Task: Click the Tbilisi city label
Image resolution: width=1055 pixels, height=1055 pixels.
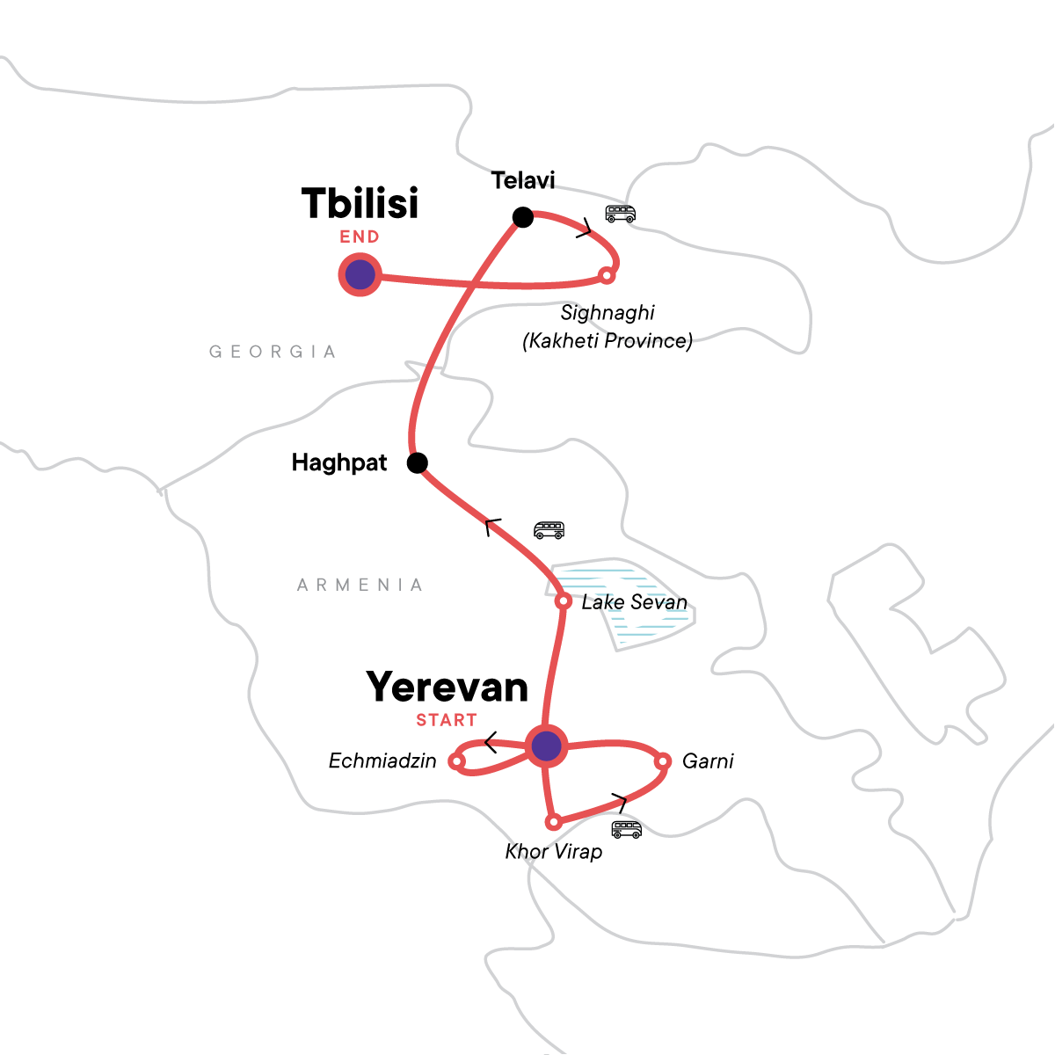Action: tap(360, 203)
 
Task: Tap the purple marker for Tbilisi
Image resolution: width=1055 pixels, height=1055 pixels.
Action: tap(360, 274)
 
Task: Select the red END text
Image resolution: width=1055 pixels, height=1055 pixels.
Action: tap(360, 236)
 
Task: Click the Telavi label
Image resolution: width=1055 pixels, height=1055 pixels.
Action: tap(523, 180)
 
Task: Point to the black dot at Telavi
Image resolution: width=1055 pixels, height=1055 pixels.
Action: tap(523, 217)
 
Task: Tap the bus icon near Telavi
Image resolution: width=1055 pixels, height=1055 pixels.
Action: tap(621, 214)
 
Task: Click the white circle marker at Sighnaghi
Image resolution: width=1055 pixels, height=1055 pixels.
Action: tap(607, 275)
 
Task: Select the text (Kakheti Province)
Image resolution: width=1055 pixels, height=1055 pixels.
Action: tap(608, 340)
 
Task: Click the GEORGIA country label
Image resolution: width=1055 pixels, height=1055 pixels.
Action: tap(273, 352)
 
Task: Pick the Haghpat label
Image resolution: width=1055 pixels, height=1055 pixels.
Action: tap(338, 462)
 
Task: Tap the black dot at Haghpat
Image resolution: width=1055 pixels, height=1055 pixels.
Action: tap(418, 463)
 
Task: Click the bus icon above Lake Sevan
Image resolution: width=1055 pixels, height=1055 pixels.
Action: tap(549, 530)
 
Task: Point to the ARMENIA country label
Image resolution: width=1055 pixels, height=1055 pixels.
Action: tap(360, 585)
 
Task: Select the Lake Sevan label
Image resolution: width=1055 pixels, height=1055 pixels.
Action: tap(634, 602)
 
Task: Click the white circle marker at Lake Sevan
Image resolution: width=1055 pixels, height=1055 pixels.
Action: tap(563, 601)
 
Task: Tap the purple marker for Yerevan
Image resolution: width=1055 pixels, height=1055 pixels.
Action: tap(546, 746)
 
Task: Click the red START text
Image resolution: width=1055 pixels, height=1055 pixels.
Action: tap(447, 720)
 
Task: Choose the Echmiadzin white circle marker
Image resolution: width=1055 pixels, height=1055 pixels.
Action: tap(456, 761)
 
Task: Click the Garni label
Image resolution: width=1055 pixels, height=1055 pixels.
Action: tap(708, 761)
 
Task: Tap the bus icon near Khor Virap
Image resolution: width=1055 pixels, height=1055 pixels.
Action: tap(626, 830)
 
